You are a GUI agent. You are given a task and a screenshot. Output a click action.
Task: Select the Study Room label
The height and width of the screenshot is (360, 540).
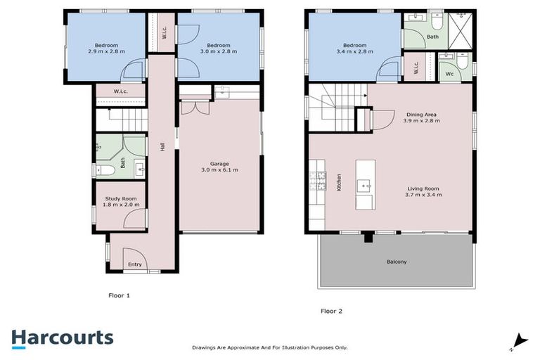click(x=120, y=199)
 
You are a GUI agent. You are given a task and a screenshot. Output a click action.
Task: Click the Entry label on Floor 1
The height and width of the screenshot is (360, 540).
click(x=134, y=264)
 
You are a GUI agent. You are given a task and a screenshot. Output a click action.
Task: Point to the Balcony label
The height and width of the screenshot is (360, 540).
click(x=396, y=262)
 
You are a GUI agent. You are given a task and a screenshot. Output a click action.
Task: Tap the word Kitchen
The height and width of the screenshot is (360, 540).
click(x=338, y=183)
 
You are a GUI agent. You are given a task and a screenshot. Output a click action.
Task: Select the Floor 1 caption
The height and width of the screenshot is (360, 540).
click(x=118, y=295)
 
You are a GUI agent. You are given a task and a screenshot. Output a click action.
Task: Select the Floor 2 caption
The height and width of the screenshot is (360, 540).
click(x=332, y=310)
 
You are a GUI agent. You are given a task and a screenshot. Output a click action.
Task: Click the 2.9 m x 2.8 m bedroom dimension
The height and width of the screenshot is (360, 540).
click(x=106, y=51)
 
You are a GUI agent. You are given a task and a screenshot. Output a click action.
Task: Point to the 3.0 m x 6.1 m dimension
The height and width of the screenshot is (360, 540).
click(x=219, y=169)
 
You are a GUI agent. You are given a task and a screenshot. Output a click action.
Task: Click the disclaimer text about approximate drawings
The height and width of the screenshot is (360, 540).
click(x=269, y=347)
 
